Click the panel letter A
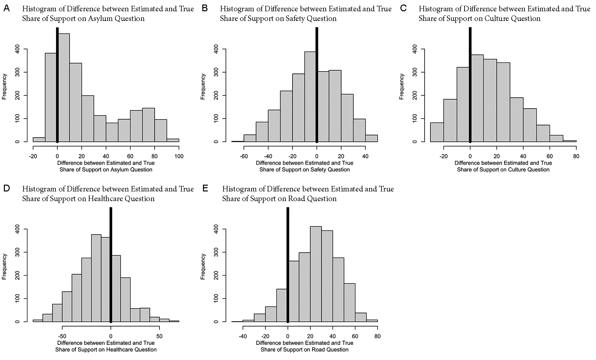(x=6, y=8)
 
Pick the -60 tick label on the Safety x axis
(x=244, y=156)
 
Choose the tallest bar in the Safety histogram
(x=310, y=97)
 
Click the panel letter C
(x=403, y=8)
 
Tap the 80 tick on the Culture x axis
(x=576, y=156)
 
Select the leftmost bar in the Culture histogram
(x=437, y=132)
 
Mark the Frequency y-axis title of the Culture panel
(x=401, y=86)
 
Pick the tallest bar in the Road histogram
(x=316, y=274)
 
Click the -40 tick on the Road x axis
(x=243, y=336)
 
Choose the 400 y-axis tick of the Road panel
(x=216, y=229)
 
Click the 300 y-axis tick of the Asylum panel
(x=17, y=72)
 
